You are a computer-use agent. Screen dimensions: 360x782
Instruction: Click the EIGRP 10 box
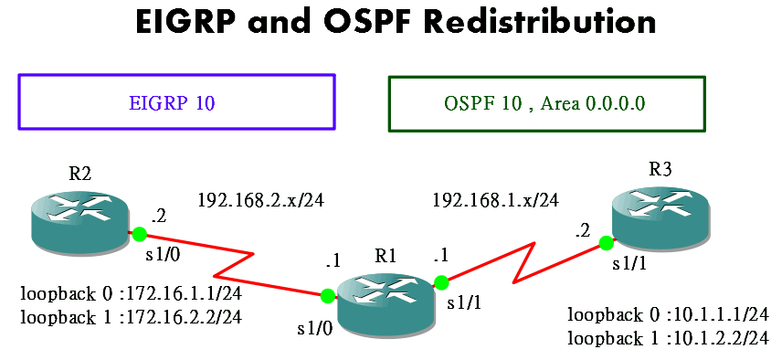coord(176,101)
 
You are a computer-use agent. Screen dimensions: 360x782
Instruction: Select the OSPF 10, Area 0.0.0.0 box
coord(546,103)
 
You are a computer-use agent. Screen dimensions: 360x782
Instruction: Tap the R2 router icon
coord(79,220)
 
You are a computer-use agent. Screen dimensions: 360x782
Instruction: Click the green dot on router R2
coord(138,234)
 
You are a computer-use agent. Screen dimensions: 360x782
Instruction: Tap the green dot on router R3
coord(605,243)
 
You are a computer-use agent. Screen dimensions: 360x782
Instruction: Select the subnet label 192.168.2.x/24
coord(260,198)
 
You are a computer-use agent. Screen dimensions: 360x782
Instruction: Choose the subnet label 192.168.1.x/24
coord(495,198)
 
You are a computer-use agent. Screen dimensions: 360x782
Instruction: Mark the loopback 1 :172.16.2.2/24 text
coord(131,317)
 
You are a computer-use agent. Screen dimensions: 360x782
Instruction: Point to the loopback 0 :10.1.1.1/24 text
coord(668,315)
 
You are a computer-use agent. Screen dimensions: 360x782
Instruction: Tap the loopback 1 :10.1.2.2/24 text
coord(668,338)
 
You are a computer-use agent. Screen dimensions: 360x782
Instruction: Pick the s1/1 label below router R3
coord(629,265)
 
